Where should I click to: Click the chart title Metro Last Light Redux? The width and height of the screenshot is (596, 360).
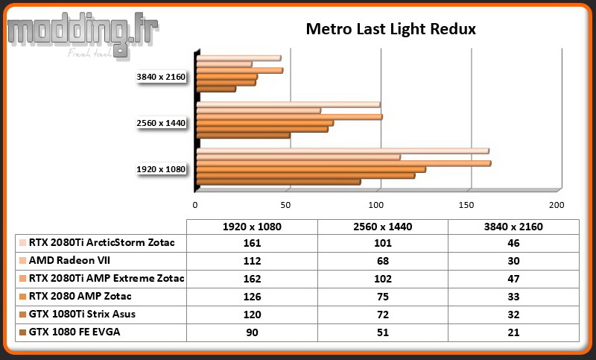(x=390, y=29)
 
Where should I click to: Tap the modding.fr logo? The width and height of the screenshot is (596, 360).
(x=83, y=35)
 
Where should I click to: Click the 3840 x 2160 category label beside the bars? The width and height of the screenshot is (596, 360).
(x=161, y=77)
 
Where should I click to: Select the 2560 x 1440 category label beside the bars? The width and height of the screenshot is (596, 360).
(x=161, y=123)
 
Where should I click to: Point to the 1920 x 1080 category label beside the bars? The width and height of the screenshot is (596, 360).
(x=161, y=169)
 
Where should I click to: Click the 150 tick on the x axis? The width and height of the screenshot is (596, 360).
(x=466, y=205)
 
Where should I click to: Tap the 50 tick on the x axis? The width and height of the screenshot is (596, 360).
(x=285, y=205)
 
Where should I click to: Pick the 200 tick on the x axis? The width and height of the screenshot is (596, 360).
(x=557, y=205)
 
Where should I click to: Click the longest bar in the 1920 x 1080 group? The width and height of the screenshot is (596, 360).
(x=343, y=163)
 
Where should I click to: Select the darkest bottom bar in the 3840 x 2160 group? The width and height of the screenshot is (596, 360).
(x=216, y=89)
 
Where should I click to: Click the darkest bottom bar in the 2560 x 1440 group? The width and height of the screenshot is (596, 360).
(x=244, y=136)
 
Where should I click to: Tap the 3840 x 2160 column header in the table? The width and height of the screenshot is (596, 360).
(x=513, y=227)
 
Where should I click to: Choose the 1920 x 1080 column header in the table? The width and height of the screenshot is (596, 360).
(x=252, y=227)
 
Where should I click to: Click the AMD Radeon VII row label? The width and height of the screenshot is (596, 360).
(x=69, y=260)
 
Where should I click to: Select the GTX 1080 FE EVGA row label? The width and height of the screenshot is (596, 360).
(x=74, y=332)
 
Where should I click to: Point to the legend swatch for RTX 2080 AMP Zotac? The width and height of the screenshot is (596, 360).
(x=22, y=297)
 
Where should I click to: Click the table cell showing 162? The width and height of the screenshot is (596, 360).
(x=252, y=279)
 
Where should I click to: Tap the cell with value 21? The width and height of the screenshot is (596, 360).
(x=513, y=332)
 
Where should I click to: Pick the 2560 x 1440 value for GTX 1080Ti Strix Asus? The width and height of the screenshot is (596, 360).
(x=383, y=315)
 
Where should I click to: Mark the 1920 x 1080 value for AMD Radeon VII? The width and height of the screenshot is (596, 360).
(x=252, y=261)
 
